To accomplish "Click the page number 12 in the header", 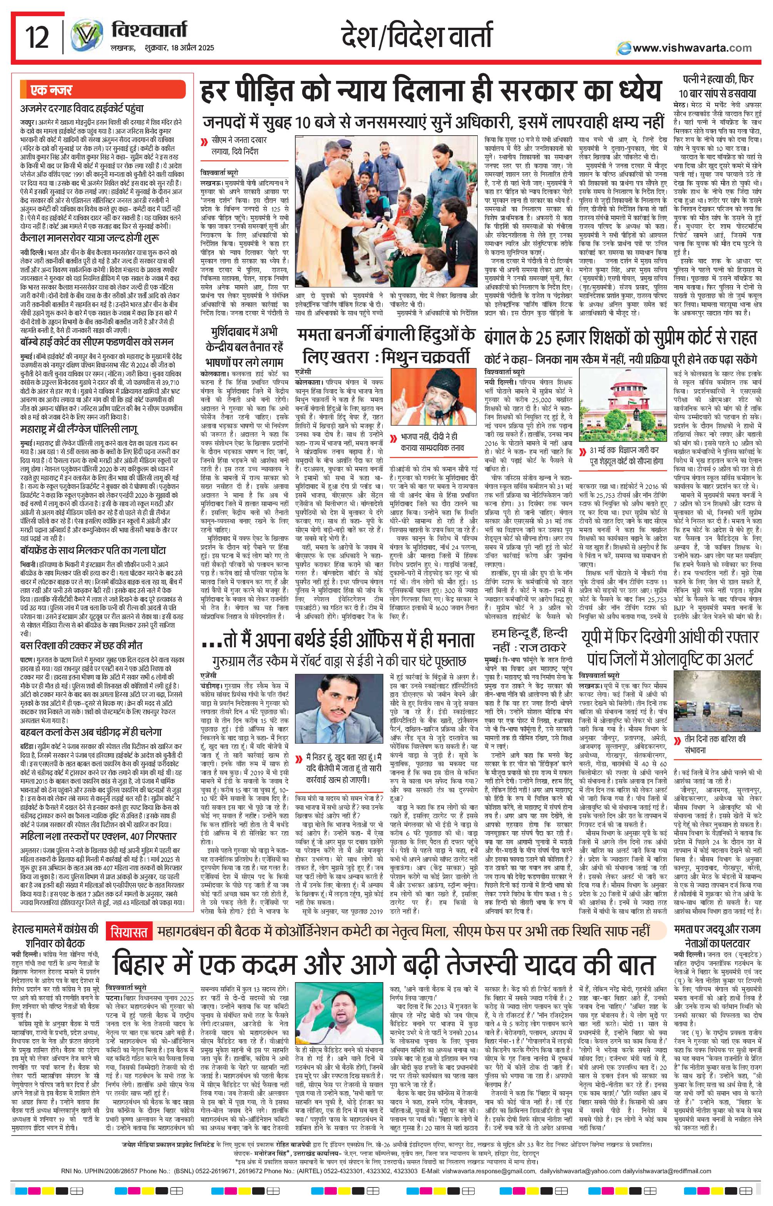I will (x=38, y=38).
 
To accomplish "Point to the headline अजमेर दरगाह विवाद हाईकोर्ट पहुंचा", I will (x=82, y=107).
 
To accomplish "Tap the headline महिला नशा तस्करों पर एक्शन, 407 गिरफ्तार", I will (x=99, y=837).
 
